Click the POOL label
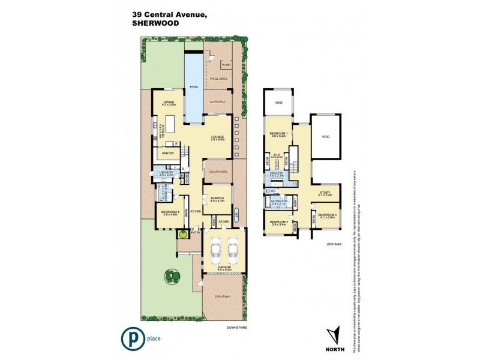194,87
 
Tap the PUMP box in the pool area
226,65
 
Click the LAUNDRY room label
166,173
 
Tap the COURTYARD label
218,172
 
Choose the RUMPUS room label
216,199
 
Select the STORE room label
224,222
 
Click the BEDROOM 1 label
278,134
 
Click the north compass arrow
335,334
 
